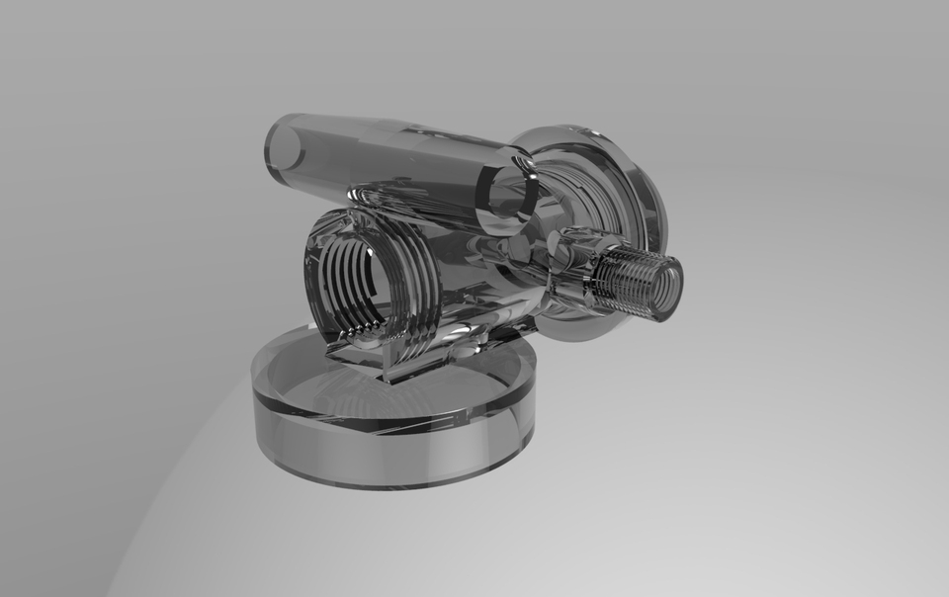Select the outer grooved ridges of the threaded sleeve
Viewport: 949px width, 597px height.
pyautogui.click(x=415, y=282)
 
